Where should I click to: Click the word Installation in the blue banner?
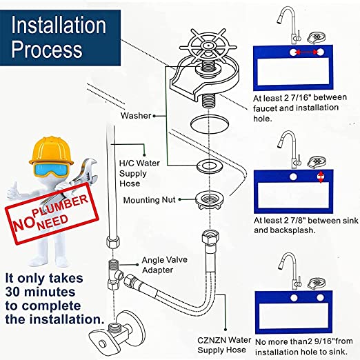pyautogui.click(x=59, y=26)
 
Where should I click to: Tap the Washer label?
pyautogui.click(x=136, y=116)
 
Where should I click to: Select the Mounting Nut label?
pyautogui.click(x=150, y=200)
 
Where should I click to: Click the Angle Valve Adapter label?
pyautogui.click(x=165, y=265)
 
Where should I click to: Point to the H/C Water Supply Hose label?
pyautogui.click(x=139, y=173)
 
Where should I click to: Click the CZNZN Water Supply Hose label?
pyautogui.click(x=224, y=345)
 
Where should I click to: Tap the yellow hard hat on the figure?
pyautogui.click(x=51, y=150)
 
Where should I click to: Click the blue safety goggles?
pyautogui.click(x=51, y=169)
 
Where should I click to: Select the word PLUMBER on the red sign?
pyautogui.click(x=60, y=206)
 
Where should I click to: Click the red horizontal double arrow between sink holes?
pyautogui.click(x=307, y=52)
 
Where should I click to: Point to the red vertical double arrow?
pyautogui.click(x=321, y=177)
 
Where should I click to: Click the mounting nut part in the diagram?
pyautogui.click(x=209, y=199)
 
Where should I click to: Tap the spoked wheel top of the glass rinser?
pyautogui.click(x=208, y=46)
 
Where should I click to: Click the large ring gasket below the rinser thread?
pyautogui.click(x=210, y=124)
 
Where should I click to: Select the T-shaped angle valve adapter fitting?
pyautogui.click(x=114, y=274)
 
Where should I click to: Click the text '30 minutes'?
pyautogui.click(x=40, y=292)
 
